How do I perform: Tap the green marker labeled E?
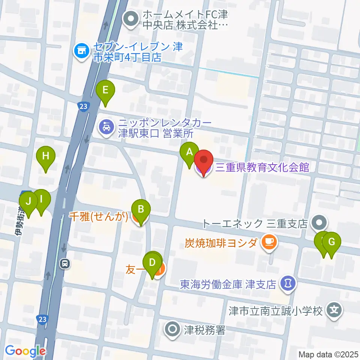point(105,90)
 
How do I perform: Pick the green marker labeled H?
point(46,156)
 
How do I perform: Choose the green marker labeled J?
point(28,201)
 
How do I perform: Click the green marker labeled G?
point(331,242)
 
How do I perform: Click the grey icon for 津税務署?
point(172,330)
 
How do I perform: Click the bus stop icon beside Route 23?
point(65,264)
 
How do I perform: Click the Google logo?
point(25,351)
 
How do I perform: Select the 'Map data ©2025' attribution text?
point(328,354)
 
